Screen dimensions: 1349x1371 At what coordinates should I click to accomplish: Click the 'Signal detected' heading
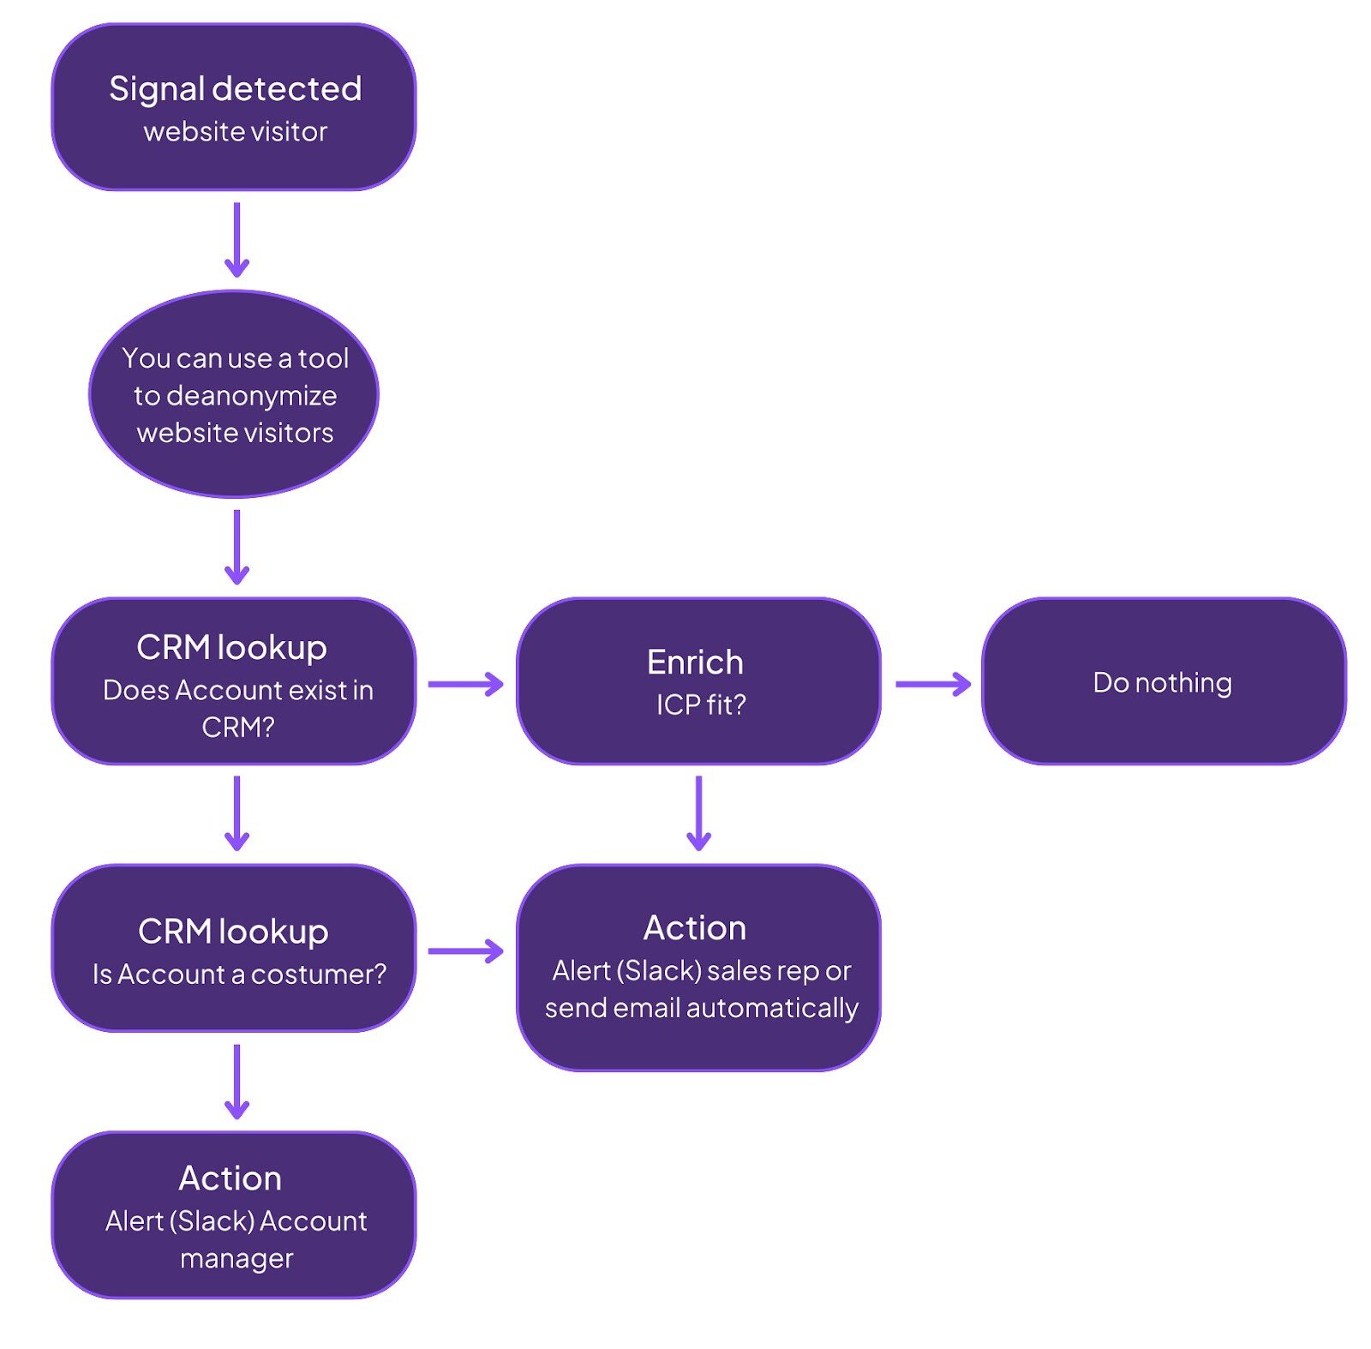(235, 89)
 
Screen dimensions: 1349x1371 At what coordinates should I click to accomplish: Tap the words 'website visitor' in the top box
(235, 132)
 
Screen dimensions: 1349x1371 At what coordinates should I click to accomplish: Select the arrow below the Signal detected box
(236, 239)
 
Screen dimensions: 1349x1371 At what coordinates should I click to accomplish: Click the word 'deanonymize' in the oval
(235, 395)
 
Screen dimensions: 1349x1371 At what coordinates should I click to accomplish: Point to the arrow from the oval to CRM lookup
(236, 547)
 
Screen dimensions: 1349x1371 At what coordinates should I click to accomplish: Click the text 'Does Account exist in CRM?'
(237, 708)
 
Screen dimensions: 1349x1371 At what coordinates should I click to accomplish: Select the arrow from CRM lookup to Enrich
(466, 684)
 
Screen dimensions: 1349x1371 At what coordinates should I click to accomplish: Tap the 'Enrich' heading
(695, 662)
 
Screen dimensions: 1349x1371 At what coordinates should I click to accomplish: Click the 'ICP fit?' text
(700, 704)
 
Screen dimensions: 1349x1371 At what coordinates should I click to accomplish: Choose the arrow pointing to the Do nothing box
(932, 684)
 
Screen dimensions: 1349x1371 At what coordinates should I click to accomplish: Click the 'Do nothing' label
(1162, 682)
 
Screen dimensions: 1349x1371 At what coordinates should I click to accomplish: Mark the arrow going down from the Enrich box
(698, 812)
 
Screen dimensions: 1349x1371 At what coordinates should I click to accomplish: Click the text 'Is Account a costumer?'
(239, 974)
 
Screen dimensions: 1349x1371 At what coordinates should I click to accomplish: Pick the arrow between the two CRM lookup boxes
(236, 812)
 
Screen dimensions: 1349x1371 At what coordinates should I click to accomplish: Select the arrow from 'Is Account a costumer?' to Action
(466, 950)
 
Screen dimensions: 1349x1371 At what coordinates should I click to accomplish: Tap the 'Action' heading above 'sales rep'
(694, 927)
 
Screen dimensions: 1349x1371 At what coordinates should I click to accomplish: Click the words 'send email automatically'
(701, 1008)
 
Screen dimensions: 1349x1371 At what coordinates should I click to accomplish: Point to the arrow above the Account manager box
(236, 1081)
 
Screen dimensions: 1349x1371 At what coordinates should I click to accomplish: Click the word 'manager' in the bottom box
(236, 1258)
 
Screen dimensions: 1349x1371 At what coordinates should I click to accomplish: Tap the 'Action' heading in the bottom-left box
(230, 1178)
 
